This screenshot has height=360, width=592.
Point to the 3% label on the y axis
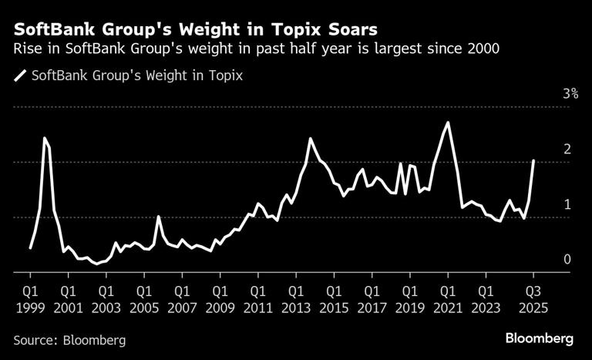(570, 94)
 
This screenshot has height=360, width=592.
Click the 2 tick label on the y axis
(567, 150)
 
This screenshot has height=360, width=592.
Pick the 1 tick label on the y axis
(567, 204)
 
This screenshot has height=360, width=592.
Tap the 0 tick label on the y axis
(567, 260)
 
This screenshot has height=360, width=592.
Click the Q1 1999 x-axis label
(29, 299)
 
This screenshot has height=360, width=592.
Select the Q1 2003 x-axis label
(105, 299)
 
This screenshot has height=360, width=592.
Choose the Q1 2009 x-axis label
(218, 299)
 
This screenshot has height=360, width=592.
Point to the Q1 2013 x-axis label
(294, 299)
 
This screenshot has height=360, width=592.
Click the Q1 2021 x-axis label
(446, 299)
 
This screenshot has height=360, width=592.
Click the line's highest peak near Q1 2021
(448, 123)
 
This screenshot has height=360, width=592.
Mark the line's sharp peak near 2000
(45, 138)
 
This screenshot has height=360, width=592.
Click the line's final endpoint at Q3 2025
(533, 160)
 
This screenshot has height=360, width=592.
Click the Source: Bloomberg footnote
(69, 340)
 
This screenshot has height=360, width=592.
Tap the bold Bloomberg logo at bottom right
(540, 338)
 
